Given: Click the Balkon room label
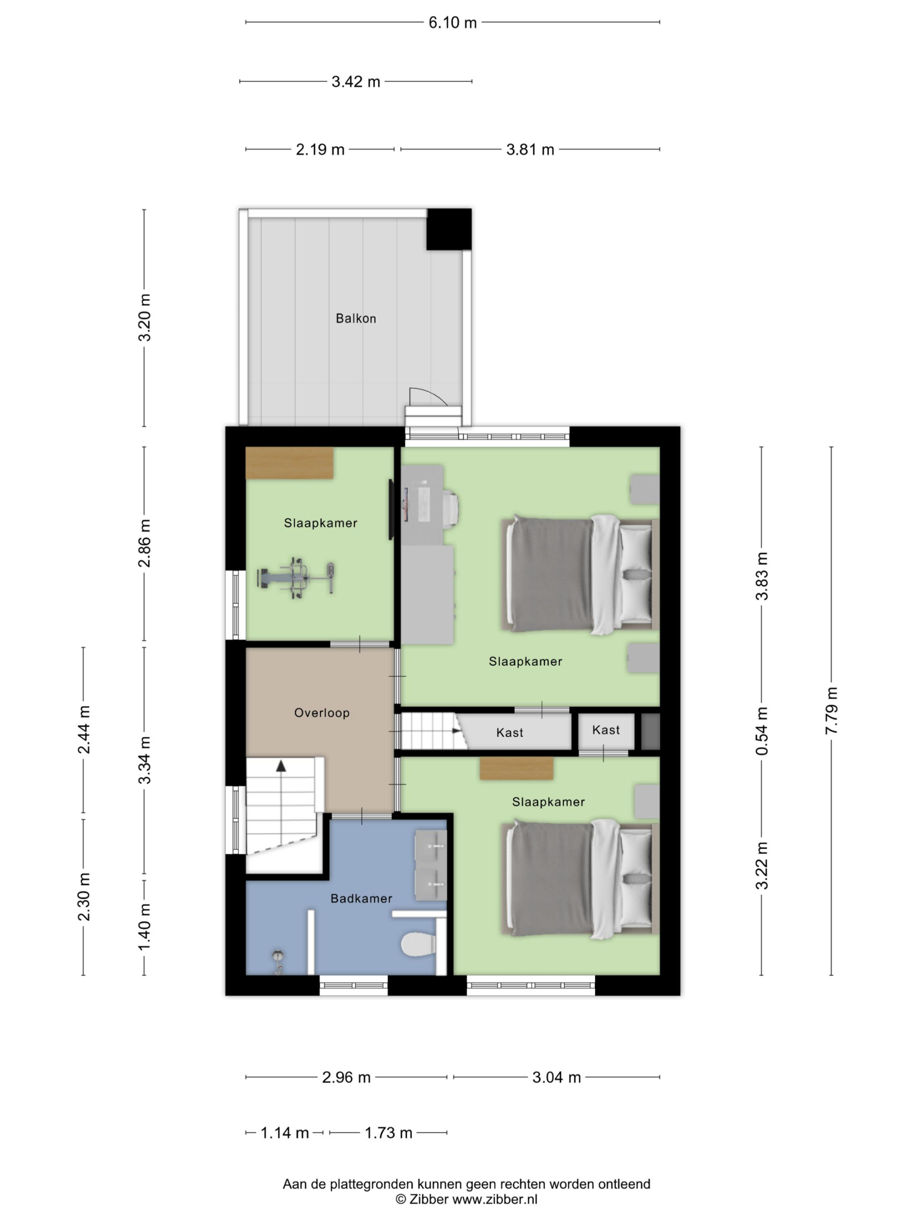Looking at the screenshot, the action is (x=356, y=318).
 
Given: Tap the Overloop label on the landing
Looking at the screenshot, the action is (x=322, y=712).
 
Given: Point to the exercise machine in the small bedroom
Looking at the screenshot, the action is (x=296, y=578).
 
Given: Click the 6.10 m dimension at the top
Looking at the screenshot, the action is (x=452, y=22).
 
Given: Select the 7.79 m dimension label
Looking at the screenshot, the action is (x=831, y=711).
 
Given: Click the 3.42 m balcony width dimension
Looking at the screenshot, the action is (x=356, y=81).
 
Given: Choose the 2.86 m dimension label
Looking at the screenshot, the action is (x=144, y=543).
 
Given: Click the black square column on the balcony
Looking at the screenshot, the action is (x=449, y=229).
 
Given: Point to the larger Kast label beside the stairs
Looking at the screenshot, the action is (x=509, y=732).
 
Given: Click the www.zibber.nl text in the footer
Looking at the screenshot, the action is (x=495, y=1199).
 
